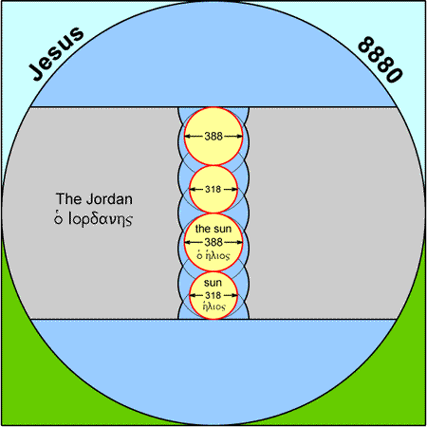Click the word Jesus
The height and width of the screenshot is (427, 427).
(x=56, y=53)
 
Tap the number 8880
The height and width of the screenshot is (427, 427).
(x=381, y=60)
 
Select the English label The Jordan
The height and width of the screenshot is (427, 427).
(x=94, y=199)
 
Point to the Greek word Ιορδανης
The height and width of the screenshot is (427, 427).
(x=101, y=219)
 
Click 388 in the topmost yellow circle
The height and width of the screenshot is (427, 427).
(x=213, y=137)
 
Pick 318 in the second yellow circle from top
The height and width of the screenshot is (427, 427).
(x=213, y=189)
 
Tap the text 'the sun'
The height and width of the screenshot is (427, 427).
(x=213, y=229)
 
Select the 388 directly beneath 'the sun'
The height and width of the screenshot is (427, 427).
(x=213, y=242)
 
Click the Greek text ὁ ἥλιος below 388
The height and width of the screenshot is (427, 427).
(x=213, y=255)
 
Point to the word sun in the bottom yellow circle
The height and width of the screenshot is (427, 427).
(x=213, y=283)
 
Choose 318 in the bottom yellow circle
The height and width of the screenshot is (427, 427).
(x=213, y=295)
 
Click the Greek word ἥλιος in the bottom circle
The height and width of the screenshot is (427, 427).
(x=214, y=306)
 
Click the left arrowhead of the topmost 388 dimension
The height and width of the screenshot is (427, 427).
(x=187, y=137)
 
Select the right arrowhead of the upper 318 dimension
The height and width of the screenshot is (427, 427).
(x=234, y=189)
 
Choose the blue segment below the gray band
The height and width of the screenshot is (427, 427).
(x=213, y=370)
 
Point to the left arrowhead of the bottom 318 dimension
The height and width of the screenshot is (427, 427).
(x=193, y=295)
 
